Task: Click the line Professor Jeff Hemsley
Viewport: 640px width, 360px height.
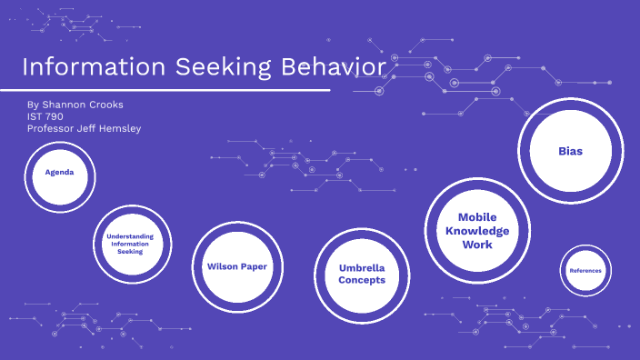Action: (85, 128)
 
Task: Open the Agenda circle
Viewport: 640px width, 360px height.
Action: (59, 172)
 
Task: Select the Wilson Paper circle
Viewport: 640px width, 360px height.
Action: (236, 266)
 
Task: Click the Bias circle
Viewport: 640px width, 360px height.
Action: (570, 151)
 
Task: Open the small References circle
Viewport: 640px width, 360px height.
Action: (585, 270)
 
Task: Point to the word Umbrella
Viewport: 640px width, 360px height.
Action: (362, 268)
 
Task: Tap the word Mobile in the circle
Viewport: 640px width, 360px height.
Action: (477, 217)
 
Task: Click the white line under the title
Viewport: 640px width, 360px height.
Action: (164, 90)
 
